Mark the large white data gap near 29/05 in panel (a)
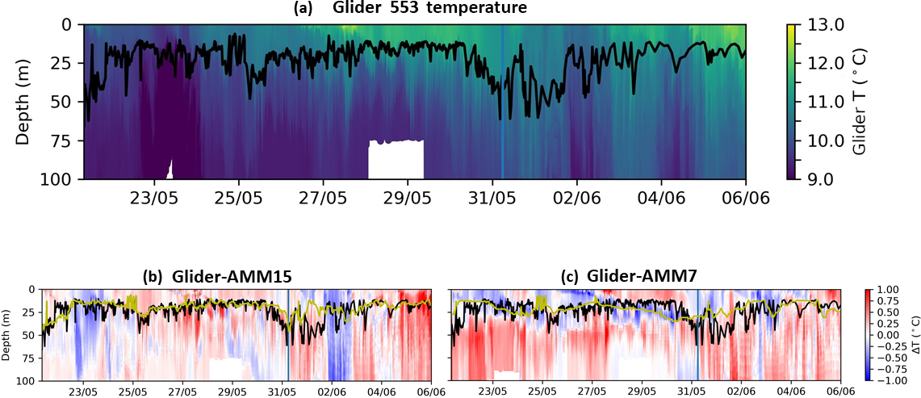tap(396, 159)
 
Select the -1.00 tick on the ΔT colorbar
tap(885, 379)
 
